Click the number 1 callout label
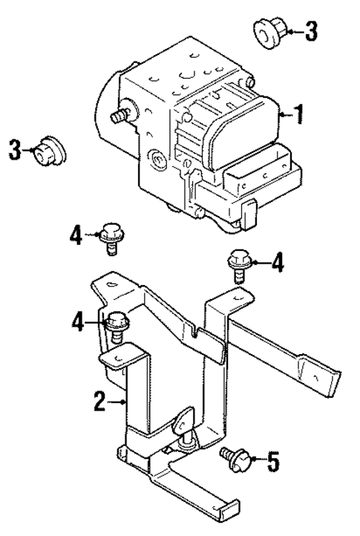tap(298, 115)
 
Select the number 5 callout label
tap(273, 463)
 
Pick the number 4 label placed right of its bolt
tap(276, 262)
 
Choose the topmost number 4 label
tap(76, 236)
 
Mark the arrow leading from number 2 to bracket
tap(120, 402)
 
